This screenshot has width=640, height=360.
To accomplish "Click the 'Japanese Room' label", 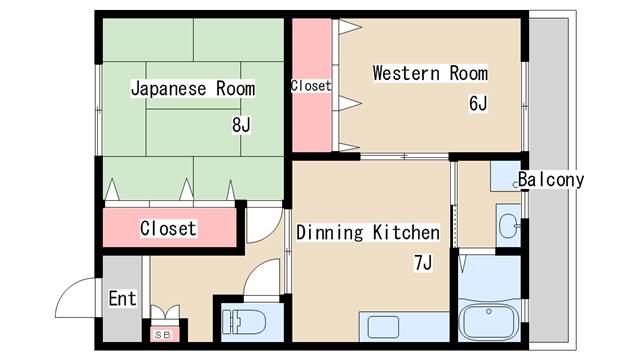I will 193,89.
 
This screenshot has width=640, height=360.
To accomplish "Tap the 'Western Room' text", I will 430,73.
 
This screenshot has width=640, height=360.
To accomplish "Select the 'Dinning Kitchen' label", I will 367,233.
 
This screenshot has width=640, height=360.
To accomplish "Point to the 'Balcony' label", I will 551,180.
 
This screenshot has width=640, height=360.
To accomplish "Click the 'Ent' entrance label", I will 122,299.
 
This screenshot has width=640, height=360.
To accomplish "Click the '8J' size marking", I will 240,125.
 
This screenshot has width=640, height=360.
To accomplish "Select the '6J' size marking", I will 477,104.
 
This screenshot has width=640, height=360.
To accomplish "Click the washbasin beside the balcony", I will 508,225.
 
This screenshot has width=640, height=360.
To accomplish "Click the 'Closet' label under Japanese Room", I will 168,228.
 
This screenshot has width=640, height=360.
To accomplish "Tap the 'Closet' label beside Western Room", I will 311,86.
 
